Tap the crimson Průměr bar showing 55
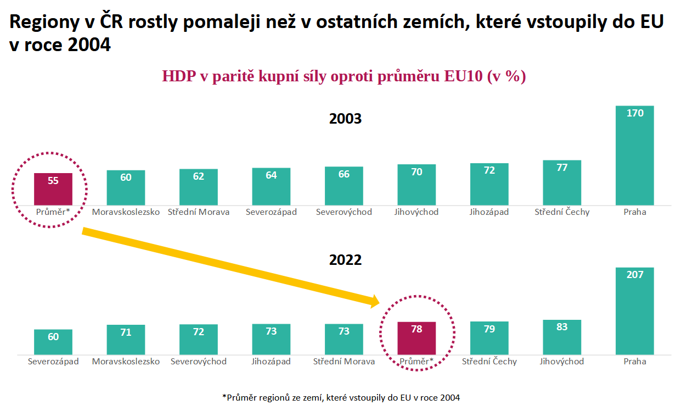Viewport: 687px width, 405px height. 53,189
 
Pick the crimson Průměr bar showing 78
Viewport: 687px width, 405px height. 416,338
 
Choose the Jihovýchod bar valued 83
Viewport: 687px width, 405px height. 562,337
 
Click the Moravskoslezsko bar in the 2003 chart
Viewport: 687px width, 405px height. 126,188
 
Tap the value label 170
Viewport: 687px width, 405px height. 634,113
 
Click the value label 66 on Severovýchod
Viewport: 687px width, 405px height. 344,174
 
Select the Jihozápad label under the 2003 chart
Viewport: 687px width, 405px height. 489,212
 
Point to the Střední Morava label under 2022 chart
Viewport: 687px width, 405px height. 344,362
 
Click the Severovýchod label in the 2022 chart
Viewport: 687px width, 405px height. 199,362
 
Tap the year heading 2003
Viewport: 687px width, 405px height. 345,119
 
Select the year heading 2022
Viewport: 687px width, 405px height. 345,260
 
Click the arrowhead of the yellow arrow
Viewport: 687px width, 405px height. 375,301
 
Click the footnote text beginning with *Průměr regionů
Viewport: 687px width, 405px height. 341,397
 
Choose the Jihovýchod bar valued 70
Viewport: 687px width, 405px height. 416,185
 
